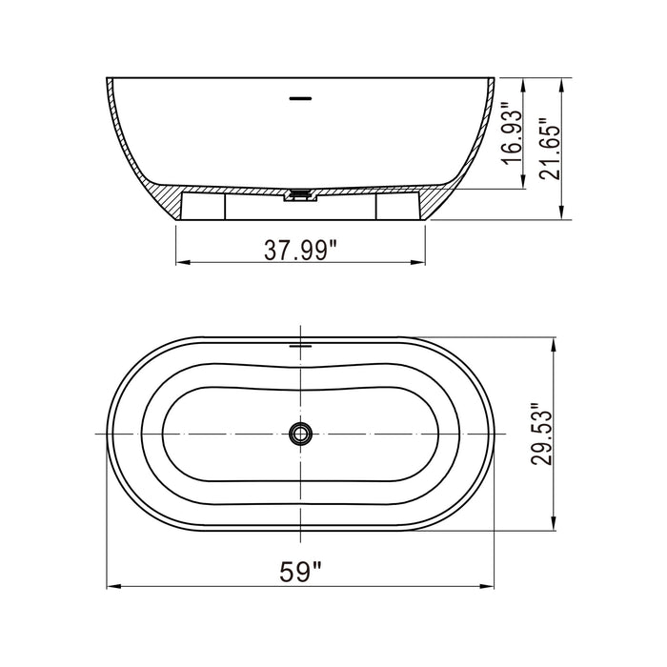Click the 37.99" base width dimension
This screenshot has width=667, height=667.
(x=301, y=251)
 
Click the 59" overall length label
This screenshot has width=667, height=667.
(x=301, y=572)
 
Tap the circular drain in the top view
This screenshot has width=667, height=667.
(x=301, y=435)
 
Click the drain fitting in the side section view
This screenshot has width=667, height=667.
(x=301, y=195)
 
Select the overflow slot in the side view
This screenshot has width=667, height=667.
(x=301, y=96)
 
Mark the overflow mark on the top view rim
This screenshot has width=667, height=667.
(x=301, y=345)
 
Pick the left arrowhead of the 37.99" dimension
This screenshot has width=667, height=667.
(x=181, y=263)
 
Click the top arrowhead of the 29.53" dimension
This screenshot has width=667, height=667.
(x=555, y=341)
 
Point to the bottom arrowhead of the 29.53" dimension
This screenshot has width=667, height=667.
(x=555, y=524)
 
